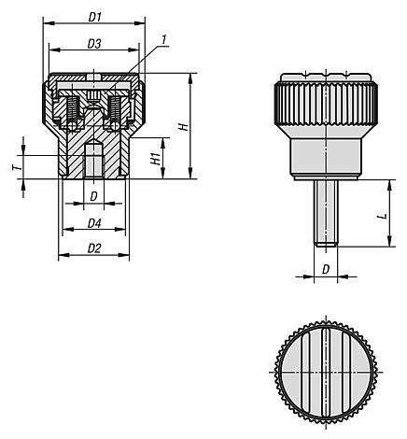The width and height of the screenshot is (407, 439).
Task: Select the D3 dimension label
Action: [93, 44]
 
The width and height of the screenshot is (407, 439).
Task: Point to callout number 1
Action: [164, 39]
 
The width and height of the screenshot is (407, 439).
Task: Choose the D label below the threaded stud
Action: [325, 269]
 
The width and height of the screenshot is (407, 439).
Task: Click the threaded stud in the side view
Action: [324, 210]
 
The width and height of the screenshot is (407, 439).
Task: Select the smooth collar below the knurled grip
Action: [324, 155]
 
